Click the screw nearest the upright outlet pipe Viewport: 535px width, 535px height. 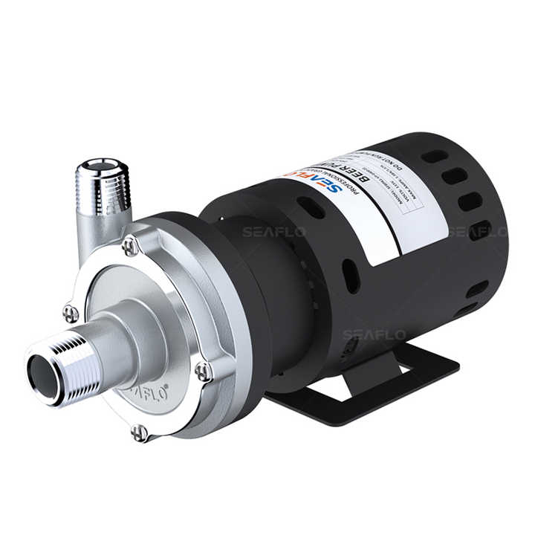(130, 246)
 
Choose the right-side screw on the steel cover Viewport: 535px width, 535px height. (203, 369)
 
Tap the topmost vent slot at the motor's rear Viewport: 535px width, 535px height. (434, 157)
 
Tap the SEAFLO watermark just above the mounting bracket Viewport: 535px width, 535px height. (374, 335)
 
